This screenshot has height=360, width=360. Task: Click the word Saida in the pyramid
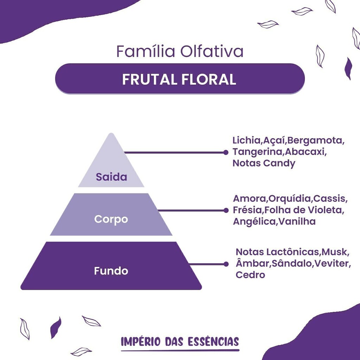[x=111, y=177]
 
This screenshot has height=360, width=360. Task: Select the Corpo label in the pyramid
[x=111, y=219]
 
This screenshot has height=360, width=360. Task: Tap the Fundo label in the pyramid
[x=111, y=271]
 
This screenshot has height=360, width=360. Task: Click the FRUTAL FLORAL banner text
[x=179, y=79]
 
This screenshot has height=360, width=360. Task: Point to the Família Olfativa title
[x=180, y=51]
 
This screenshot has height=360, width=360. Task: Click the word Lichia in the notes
[x=246, y=140]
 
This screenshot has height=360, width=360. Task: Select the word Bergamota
[x=315, y=141]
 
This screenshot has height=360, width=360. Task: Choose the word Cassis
[x=329, y=199]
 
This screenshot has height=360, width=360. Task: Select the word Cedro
[x=250, y=275]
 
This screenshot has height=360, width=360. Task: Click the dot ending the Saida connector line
[x=226, y=153]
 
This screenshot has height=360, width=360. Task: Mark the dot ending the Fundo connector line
[x=226, y=264]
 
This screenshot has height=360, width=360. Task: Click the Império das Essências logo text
[x=180, y=342]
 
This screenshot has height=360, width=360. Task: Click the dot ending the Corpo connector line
[x=226, y=210]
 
